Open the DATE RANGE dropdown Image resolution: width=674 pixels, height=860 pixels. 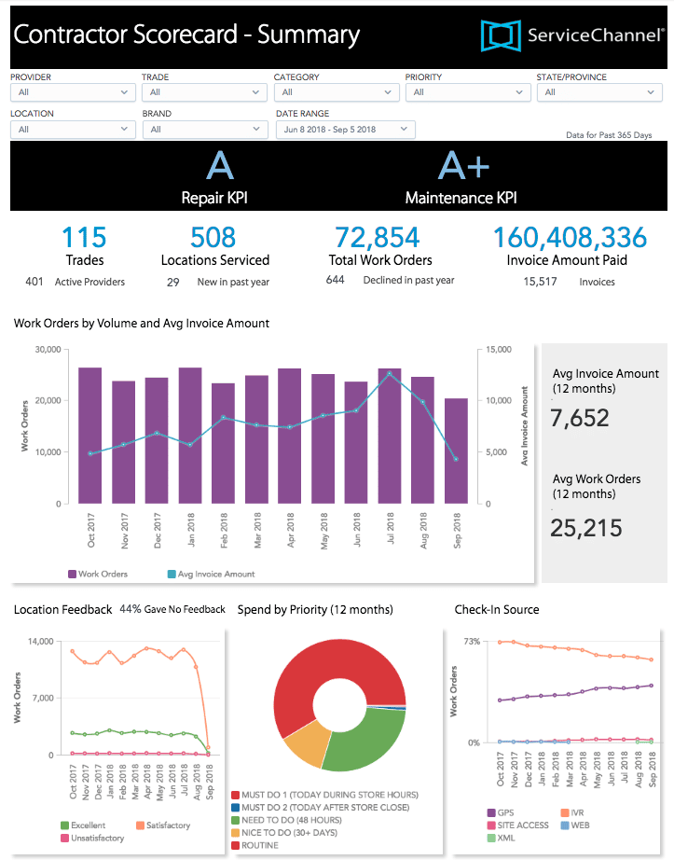coord(345,129)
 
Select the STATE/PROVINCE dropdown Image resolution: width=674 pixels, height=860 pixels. coord(599,92)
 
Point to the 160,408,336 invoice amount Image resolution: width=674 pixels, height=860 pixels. coord(571,238)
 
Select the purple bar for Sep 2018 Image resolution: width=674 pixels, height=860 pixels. coord(456,451)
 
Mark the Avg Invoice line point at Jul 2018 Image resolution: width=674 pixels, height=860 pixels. coord(390,373)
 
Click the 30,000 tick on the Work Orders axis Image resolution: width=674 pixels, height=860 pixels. coord(47,350)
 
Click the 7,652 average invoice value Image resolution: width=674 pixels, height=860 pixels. coord(579,417)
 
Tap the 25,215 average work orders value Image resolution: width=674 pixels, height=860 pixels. coord(585,528)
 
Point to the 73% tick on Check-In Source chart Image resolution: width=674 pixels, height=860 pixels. coord(472,642)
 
